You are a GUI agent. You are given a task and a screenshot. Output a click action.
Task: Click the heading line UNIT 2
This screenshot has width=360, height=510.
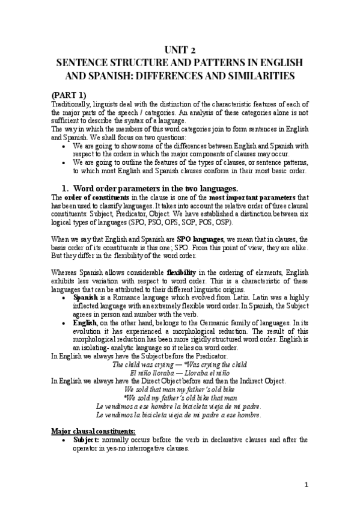tap(180, 50)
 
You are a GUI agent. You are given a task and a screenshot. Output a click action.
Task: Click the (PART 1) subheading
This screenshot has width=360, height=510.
tap(69, 94)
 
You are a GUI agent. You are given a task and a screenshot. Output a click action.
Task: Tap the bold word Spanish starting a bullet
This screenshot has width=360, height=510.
tap(86, 297)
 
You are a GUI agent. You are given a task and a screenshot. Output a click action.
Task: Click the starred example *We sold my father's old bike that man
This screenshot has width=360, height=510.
tap(180, 398)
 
